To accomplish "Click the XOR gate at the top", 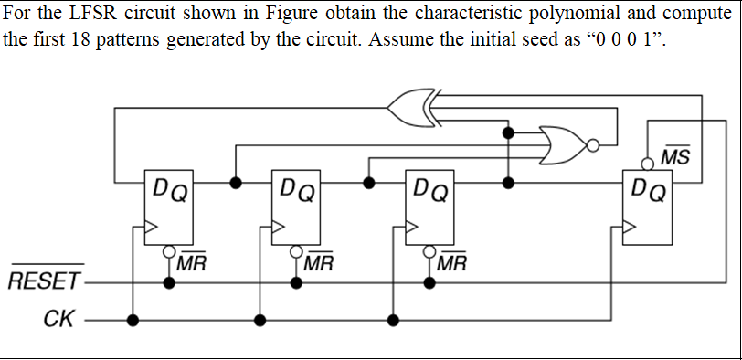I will click(x=410, y=107).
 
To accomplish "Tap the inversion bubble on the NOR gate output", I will click(x=594, y=143).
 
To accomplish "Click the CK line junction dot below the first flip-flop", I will click(x=133, y=320).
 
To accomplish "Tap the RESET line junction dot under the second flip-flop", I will click(x=297, y=281).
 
